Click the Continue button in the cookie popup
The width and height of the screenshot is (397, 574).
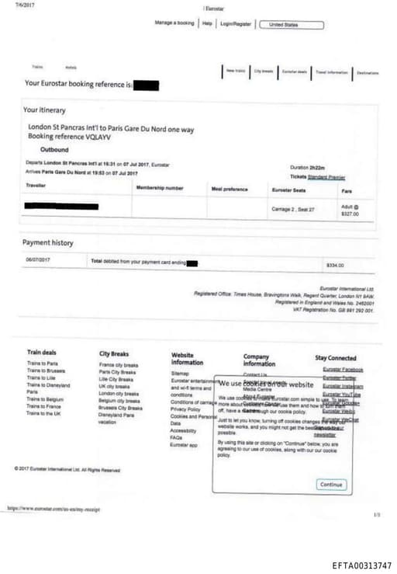pos(331,485)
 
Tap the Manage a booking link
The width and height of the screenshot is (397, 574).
pos(174,23)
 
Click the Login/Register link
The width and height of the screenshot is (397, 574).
pos(236,24)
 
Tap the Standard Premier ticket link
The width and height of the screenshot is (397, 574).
pos(326,177)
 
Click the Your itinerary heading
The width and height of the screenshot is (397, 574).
pos(44,110)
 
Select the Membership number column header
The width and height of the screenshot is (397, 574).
pos(160,188)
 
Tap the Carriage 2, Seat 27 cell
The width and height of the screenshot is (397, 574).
pos(294,210)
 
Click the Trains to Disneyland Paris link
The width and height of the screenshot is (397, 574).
pos(47,388)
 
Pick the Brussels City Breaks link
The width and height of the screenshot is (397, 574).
pos(120,407)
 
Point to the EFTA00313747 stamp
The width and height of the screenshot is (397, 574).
pos(361,565)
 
